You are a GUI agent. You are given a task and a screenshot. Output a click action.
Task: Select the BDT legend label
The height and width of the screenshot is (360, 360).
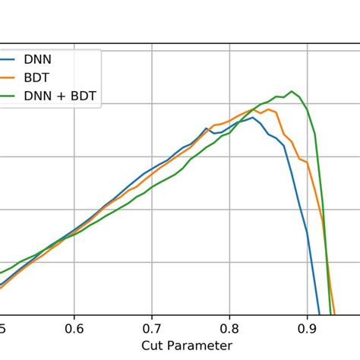(x=40, y=77)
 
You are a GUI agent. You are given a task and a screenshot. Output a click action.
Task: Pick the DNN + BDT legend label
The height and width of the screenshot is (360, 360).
(x=61, y=96)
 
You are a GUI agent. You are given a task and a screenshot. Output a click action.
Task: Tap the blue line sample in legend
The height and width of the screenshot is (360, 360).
(x=6, y=58)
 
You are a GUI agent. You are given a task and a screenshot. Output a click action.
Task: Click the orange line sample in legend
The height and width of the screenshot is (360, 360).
(x=6, y=77)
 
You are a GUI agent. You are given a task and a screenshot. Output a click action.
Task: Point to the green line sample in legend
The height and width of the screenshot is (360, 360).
(x=6, y=96)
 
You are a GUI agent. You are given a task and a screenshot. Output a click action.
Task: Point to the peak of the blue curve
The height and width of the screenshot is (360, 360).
(x=251, y=117)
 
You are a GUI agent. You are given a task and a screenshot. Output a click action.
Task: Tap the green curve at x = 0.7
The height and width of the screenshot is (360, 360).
(x=152, y=187)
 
